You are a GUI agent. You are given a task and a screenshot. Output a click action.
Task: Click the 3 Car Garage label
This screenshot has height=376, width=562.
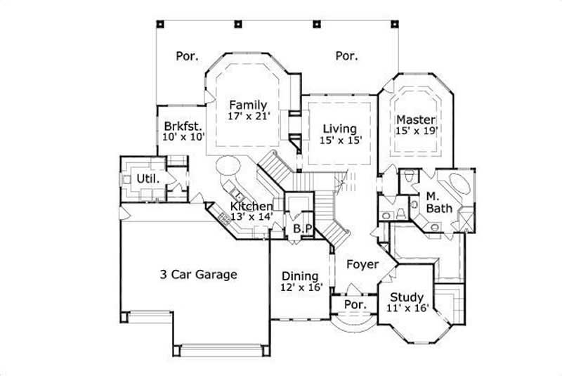coord(197,274)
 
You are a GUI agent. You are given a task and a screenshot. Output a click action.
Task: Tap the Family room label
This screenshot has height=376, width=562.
coord(248,105)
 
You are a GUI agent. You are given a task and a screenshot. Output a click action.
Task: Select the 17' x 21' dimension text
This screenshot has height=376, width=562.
coord(248,117)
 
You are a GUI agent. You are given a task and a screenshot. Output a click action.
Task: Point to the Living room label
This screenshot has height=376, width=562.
coord(339,129)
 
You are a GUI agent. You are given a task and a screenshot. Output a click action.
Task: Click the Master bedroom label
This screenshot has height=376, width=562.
coord(416,119)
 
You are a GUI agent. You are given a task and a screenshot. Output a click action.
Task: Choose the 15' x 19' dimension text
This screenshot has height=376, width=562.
coord(417,131)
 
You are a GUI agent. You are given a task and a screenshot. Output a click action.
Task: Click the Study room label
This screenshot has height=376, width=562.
coord(406,296)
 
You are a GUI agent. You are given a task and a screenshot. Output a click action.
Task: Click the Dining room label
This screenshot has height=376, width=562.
coord(300,276)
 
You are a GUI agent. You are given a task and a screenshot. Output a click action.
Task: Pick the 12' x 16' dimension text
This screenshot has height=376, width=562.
coord(301,288)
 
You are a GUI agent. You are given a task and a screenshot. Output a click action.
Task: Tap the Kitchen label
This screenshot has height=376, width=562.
coord(251,206)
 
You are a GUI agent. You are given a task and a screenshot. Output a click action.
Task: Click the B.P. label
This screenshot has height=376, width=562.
coord(302,229)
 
